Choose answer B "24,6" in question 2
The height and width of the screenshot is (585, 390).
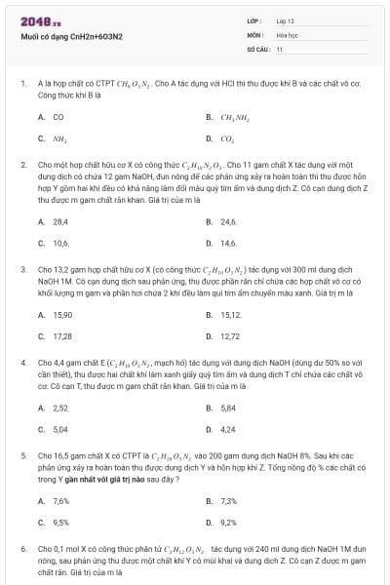point(229,221)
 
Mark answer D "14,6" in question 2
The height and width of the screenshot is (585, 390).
point(229,242)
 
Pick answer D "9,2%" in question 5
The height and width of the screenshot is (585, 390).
point(229,522)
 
